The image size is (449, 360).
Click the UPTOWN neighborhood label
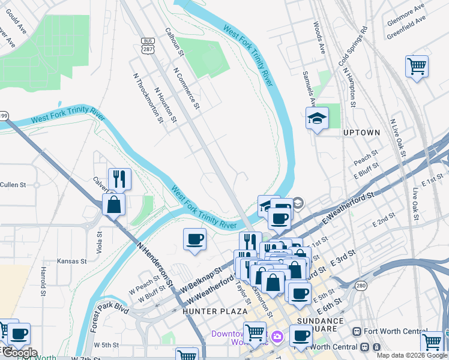click(x=361, y=132)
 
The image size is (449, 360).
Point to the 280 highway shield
click(x=360, y=286)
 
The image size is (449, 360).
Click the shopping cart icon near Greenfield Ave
click(x=417, y=65)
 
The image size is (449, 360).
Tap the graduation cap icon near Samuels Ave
click(x=317, y=119)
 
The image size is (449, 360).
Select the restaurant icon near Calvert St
click(x=119, y=178)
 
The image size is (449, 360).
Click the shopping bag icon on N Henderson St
click(x=113, y=204)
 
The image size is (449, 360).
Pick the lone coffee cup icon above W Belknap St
click(x=194, y=239)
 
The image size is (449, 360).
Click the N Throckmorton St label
click(x=148, y=98)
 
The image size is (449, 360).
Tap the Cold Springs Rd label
click(x=352, y=46)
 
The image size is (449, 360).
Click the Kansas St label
click(x=71, y=261)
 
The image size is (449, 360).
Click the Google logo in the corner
click(x=19, y=353)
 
